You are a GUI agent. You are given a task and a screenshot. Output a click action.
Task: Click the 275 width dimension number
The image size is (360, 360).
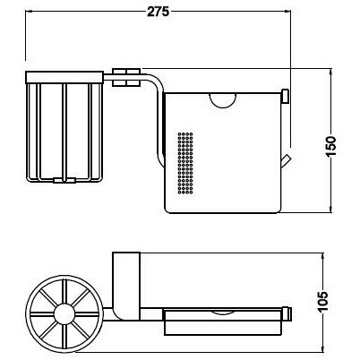(x=157, y=12)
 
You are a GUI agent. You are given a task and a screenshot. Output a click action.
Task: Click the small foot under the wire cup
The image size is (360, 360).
(x=64, y=180)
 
